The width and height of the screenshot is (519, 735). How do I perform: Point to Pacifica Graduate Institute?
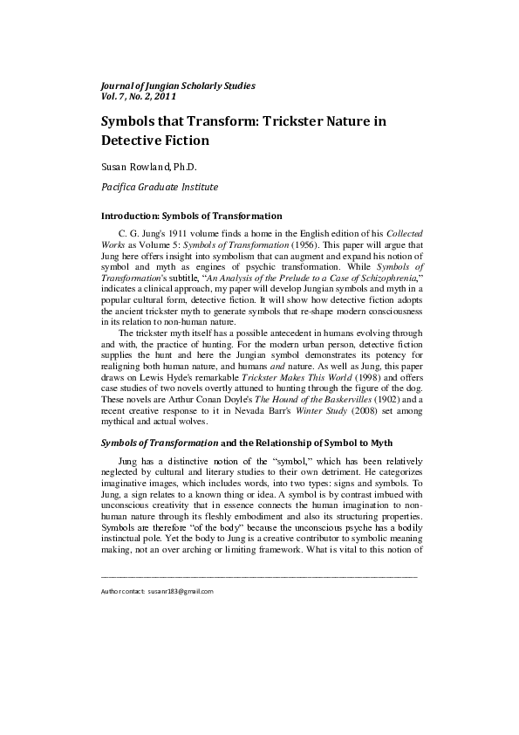coord(160,186)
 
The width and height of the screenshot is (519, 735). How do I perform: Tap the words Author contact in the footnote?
coord(123,591)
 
